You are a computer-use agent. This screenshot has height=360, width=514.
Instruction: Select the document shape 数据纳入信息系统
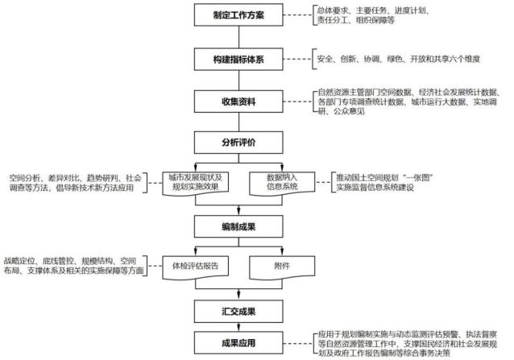pos(277,182)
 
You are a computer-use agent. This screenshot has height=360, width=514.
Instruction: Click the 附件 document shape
pos(277,264)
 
